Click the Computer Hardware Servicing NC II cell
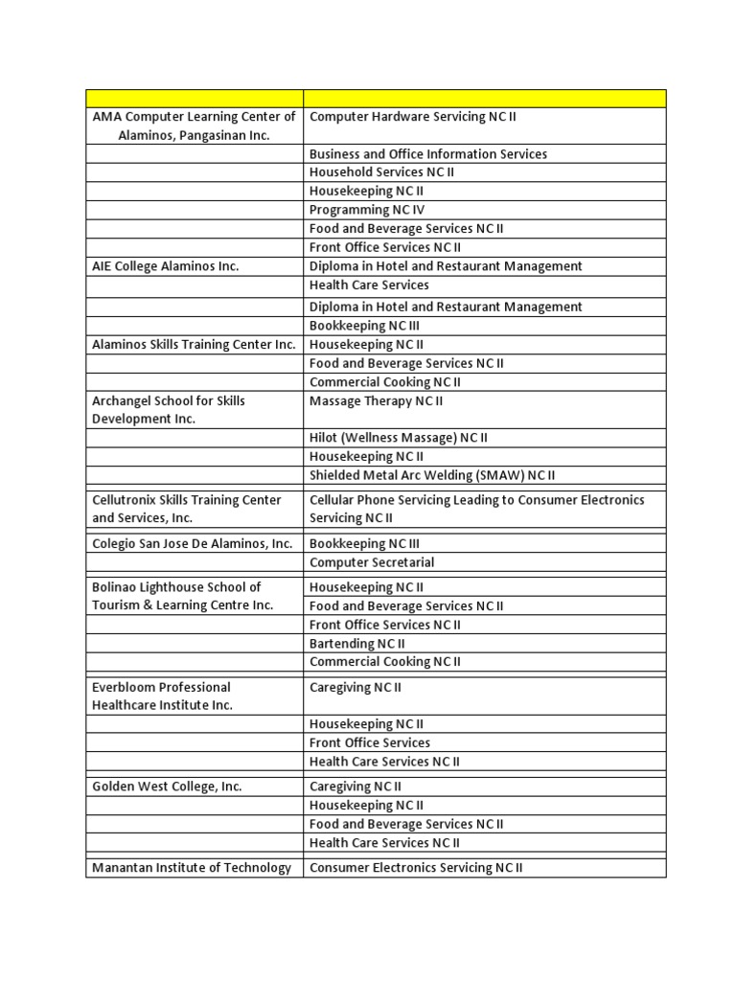[x=412, y=117]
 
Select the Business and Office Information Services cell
[x=428, y=153]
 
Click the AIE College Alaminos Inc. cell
[x=165, y=266]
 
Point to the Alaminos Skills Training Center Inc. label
[x=194, y=344]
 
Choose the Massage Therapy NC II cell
[x=376, y=401]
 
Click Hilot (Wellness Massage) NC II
[x=399, y=438]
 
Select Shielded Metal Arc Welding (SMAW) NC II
[x=432, y=475]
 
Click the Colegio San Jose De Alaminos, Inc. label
[x=192, y=544]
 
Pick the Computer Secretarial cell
[x=372, y=562]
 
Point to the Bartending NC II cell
[x=356, y=644]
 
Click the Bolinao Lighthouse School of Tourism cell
[x=182, y=596]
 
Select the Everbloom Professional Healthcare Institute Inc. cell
[x=162, y=696]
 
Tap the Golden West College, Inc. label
[x=167, y=787]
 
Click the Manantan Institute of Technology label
[x=192, y=868]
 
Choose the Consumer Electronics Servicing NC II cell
[x=416, y=868]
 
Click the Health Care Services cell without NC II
[x=369, y=285]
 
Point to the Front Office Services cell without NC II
[x=370, y=742]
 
